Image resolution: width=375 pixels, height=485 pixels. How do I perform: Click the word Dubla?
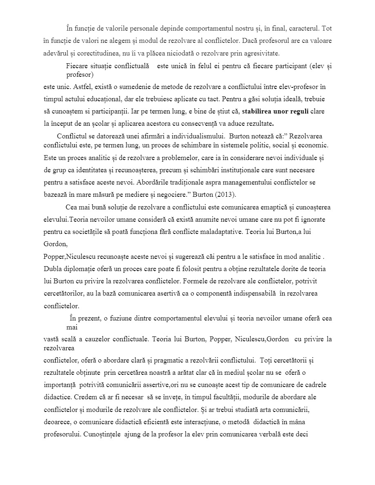click(53, 269)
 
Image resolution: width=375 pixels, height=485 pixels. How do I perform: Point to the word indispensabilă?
click(249, 294)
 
